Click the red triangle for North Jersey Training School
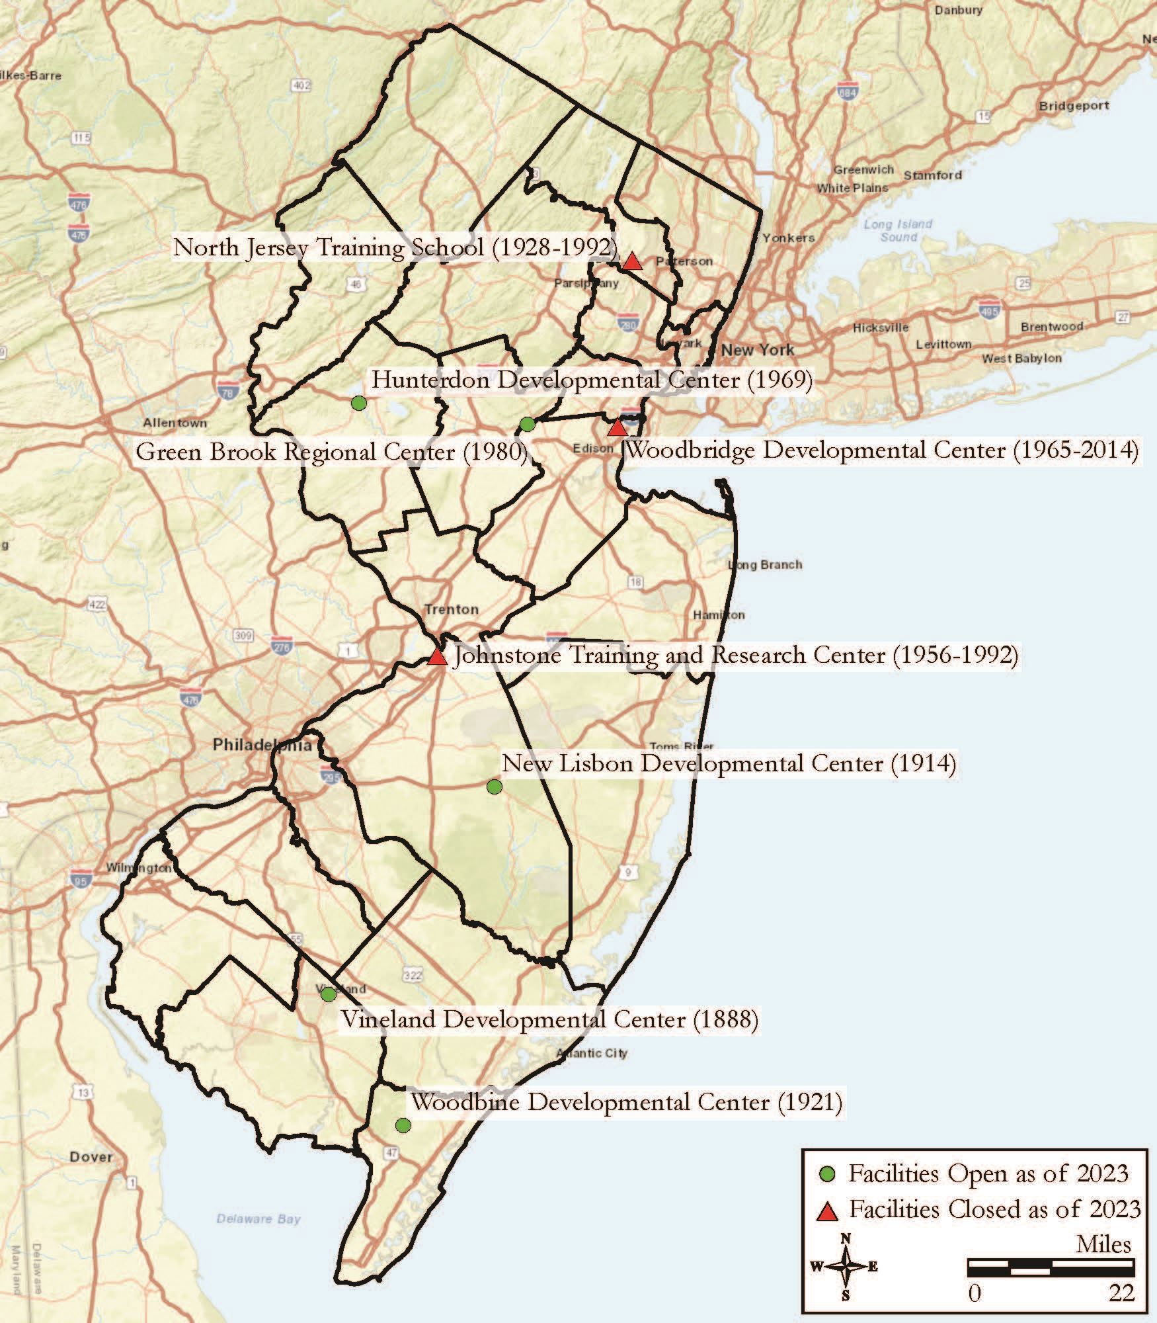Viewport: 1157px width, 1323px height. (633, 262)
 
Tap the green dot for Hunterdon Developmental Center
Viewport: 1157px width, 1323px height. (358, 403)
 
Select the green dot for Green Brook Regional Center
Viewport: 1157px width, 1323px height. (527, 424)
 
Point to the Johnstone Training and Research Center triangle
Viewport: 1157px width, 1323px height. (436, 657)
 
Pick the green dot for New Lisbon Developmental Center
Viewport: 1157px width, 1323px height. (494, 787)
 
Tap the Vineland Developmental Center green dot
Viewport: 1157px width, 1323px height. (328, 994)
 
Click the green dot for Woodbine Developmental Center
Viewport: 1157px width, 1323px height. (403, 1125)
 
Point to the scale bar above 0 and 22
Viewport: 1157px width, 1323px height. (1051, 1267)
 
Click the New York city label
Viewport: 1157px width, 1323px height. (758, 349)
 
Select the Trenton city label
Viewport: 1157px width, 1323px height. (452, 609)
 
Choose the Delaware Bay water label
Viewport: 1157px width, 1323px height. (259, 1218)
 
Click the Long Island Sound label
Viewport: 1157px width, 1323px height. (898, 230)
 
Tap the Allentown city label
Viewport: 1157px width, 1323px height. (175, 423)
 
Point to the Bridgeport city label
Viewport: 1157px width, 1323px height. (1074, 106)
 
